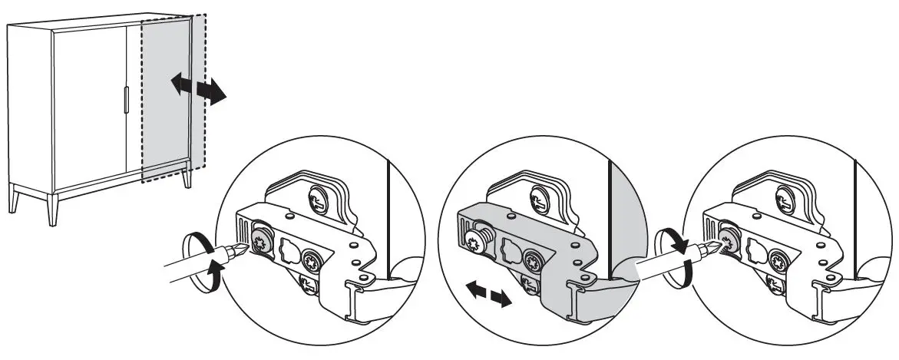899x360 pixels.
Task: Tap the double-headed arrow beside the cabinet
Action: (x=198, y=89)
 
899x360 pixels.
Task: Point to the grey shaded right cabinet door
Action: (x=165, y=100)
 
